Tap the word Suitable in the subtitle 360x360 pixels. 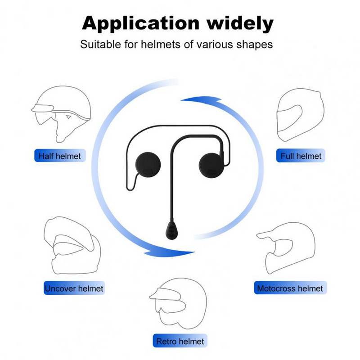coord(98,45)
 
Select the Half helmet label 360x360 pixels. coord(60,156)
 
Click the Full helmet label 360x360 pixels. coord(301,156)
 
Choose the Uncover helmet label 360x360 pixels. coord(74,288)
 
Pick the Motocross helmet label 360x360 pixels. coord(290,288)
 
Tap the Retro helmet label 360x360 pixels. coord(180,342)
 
